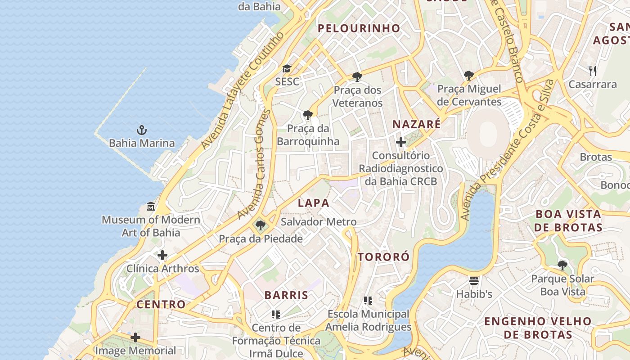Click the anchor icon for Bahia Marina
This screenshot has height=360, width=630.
pyautogui.click(x=142, y=130)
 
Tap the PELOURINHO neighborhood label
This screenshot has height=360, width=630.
pyautogui.click(x=359, y=28)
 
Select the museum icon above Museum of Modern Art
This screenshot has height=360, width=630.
pyautogui.click(x=151, y=207)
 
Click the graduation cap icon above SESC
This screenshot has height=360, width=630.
pyautogui.click(x=287, y=69)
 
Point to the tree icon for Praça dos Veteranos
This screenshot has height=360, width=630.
pyautogui.click(x=357, y=77)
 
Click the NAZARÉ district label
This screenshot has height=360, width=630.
pyautogui.click(x=416, y=125)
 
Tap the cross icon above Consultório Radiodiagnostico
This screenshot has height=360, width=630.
pyautogui.click(x=400, y=143)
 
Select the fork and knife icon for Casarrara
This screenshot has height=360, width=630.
pyautogui.click(x=593, y=71)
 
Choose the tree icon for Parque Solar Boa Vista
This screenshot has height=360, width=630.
pyautogui.click(x=562, y=265)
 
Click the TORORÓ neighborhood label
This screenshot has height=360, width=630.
pyautogui.click(x=384, y=257)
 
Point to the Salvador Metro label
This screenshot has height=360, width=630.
pyautogui.click(x=319, y=222)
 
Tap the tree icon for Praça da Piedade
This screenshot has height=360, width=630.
pyautogui.click(x=260, y=225)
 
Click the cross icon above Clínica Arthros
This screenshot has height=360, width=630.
pyautogui.click(x=162, y=256)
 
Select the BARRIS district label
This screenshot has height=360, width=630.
pyautogui.click(x=286, y=296)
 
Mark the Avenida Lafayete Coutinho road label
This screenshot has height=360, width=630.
pyautogui.click(x=243, y=90)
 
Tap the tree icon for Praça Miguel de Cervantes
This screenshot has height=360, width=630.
pyautogui.click(x=469, y=76)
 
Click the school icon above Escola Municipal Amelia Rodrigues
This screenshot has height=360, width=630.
pyautogui.click(x=368, y=301)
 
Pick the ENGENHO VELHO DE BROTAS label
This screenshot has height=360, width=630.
pyautogui.click(x=538, y=328)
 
